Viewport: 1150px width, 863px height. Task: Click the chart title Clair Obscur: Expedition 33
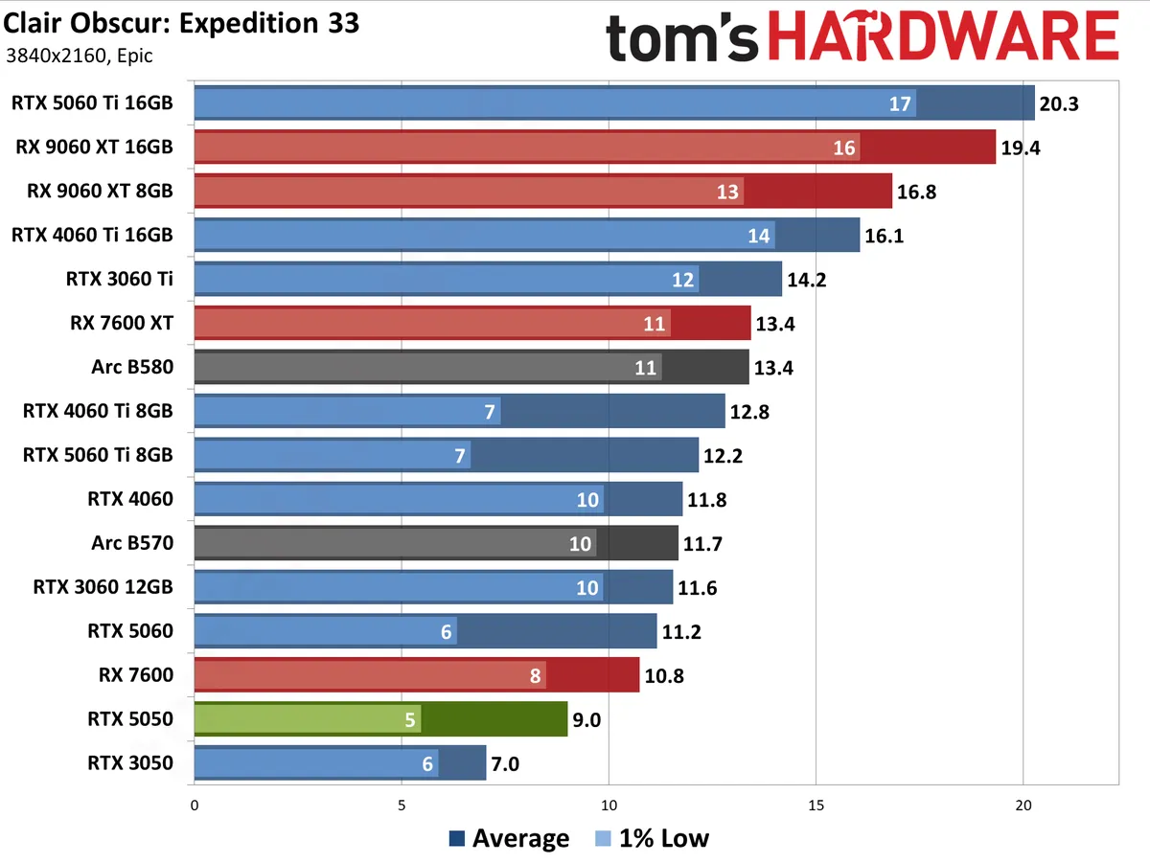click(182, 23)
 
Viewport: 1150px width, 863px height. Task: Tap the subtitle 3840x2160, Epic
click(80, 56)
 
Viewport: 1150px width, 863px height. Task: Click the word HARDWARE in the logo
click(944, 39)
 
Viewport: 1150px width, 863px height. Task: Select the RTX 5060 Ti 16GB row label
click(92, 102)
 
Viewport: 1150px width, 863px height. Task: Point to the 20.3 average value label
click(1059, 103)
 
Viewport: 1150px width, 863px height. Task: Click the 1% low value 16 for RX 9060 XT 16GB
click(844, 148)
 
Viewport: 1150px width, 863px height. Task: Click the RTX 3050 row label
click(130, 763)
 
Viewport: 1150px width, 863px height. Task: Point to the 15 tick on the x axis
click(816, 805)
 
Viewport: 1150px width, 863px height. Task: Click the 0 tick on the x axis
click(195, 805)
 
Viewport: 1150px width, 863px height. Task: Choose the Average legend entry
click(510, 839)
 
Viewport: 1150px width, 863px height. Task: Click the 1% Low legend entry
click(651, 839)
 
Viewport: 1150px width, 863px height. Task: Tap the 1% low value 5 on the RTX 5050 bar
click(410, 720)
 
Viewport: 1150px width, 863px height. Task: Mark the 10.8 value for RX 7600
click(665, 676)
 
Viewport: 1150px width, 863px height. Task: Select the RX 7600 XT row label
click(122, 323)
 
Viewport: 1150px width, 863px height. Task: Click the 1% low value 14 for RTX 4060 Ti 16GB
click(759, 235)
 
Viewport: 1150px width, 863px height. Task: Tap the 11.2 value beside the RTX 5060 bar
click(682, 632)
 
